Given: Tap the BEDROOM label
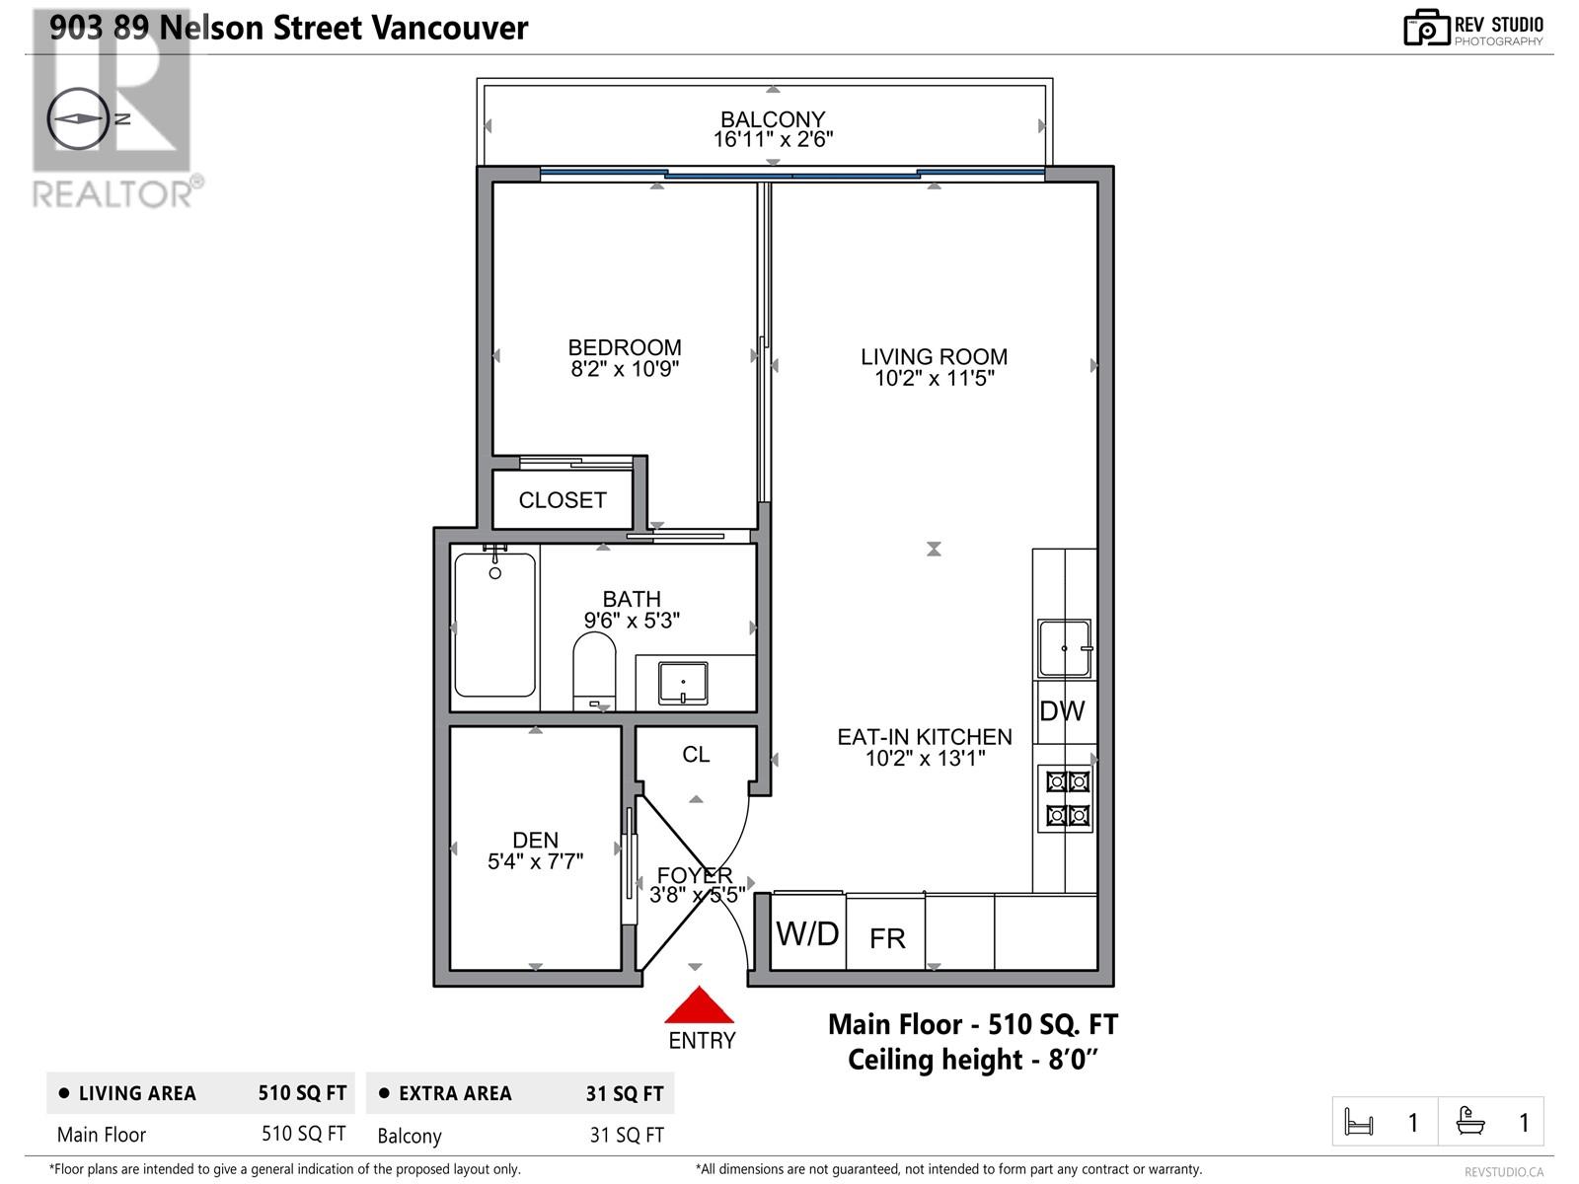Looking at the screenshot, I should (x=625, y=347).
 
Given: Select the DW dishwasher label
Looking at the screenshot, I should (x=1062, y=711).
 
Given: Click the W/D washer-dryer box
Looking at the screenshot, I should (x=807, y=933).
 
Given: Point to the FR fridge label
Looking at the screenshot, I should (x=887, y=938).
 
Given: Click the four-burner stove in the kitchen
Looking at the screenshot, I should (x=1068, y=798).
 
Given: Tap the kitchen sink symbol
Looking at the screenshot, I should (x=1064, y=648).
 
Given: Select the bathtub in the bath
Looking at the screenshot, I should (x=495, y=625).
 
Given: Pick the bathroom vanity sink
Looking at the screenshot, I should (x=683, y=683).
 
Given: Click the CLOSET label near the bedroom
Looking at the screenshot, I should (x=563, y=500).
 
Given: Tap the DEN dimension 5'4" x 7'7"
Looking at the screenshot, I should (x=536, y=861).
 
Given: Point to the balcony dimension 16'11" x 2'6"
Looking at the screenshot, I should (x=773, y=140).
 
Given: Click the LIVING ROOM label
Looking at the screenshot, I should (x=934, y=357).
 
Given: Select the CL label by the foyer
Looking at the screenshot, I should (x=696, y=755).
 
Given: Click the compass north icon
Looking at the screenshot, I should (x=78, y=118).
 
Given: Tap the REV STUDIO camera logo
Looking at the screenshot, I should (x=1426, y=28).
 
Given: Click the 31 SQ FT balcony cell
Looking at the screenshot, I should (x=626, y=1135).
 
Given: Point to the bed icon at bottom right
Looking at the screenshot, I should (x=1359, y=1122).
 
